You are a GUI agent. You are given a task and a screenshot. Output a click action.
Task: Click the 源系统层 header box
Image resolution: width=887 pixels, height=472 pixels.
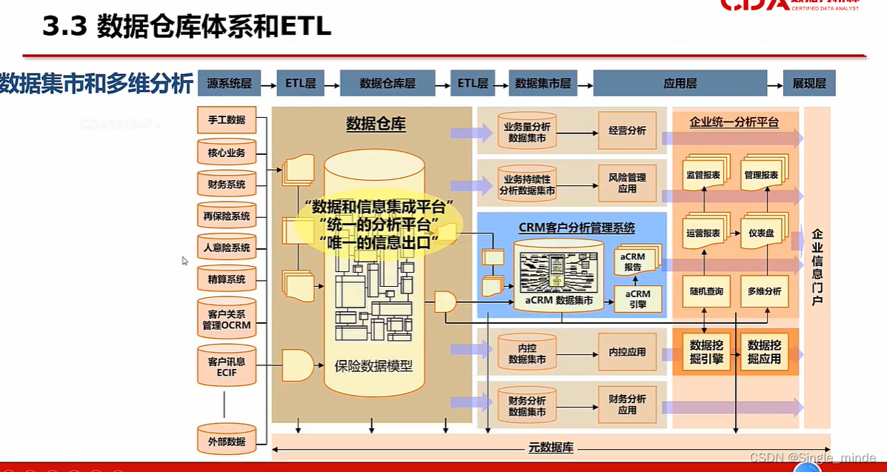coord(230,84)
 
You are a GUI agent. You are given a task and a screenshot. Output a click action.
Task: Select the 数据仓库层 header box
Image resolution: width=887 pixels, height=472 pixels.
coord(387,84)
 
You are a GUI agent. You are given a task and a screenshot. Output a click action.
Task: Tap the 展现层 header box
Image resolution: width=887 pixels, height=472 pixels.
coord(809,84)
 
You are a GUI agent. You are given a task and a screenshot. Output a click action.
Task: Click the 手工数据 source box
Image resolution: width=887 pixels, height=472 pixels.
coord(226,120)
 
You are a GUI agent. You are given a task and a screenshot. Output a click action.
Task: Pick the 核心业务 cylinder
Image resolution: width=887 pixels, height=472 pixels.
coord(226,153)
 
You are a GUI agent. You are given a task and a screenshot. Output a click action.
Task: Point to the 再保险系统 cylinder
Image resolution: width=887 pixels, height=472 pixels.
coord(226,216)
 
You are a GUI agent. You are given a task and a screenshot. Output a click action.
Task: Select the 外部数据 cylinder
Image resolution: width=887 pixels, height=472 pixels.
coord(226,441)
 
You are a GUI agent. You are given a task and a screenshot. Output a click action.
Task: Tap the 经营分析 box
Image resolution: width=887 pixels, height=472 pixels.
coord(627,131)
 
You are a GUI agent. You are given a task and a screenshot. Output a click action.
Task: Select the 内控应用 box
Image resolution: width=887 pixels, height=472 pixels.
coord(627,352)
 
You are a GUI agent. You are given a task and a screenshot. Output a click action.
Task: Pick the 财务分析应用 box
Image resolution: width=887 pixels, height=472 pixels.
coord(627,404)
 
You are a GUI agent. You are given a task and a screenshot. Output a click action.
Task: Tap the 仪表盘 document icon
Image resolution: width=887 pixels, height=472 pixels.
coord(763,232)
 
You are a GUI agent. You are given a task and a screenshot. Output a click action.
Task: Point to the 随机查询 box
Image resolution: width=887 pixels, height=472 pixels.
coord(704,291)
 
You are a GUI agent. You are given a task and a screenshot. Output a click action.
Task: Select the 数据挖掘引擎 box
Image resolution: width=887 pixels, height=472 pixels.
coord(705,352)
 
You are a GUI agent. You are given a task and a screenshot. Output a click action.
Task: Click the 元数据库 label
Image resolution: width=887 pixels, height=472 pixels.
coord(550,448)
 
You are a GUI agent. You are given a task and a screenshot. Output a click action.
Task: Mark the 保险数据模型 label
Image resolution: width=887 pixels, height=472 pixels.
coord(373,365)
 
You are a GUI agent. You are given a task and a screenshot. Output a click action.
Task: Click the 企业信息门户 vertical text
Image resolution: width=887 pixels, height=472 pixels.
coord(817,267)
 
